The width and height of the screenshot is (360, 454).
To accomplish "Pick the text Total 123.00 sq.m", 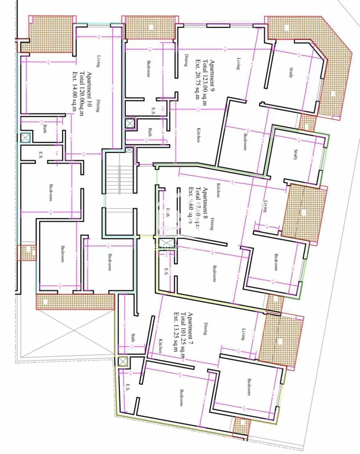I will point(205,82).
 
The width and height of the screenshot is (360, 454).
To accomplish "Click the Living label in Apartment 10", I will point(99,61).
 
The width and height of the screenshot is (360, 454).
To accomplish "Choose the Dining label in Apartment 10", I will point(99,105).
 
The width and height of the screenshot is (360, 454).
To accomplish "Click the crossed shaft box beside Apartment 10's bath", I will point(25,137).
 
